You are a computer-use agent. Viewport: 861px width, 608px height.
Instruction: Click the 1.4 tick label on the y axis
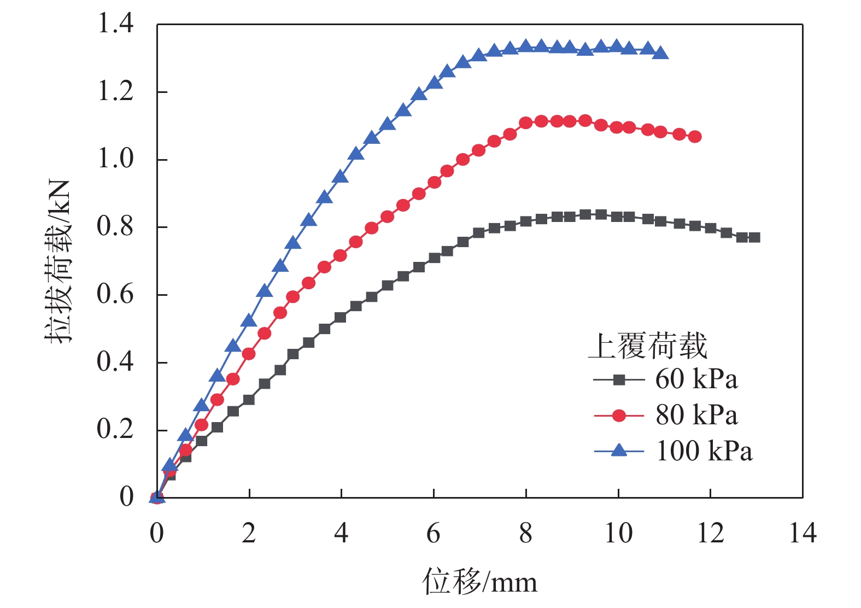click(x=115, y=24)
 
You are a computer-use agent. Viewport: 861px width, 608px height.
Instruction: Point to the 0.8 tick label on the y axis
click(x=115, y=226)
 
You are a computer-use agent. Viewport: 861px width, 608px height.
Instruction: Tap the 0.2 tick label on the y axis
click(x=115, y=429)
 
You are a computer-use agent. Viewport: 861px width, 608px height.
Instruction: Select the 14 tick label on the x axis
click(x=803, y=533)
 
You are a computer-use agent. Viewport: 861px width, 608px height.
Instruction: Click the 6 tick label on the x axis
click(x=434, y=533)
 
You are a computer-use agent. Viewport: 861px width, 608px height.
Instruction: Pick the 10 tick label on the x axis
click(x=618, y=533)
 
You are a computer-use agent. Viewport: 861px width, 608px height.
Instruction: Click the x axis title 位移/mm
click(x=479, y=581)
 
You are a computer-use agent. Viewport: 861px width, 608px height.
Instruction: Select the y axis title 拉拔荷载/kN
click(x=58, y=261)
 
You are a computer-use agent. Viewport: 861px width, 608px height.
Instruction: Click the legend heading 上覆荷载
click(x=648, y=346)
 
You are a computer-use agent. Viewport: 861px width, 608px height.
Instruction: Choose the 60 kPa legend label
click(x=696, y=379)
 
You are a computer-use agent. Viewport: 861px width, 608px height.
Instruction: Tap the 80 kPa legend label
click(x=696, y=415)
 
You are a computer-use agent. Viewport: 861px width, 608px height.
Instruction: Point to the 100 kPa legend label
click(x=704, y=451)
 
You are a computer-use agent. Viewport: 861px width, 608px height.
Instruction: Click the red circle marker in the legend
click(x=619, y=416)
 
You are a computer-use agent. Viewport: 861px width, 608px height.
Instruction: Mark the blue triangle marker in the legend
click(x=619, y=451)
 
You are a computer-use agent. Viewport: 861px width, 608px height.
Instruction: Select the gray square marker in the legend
click(x=619, y=380)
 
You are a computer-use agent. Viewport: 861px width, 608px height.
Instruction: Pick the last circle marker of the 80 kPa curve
click(x=695, y=137)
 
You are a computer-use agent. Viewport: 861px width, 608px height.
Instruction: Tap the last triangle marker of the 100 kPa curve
click(x=660, y=53)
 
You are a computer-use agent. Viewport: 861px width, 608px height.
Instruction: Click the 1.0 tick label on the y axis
click(x=115, y=159)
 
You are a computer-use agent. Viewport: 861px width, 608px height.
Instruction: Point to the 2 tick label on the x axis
click(x=249, y=533)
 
